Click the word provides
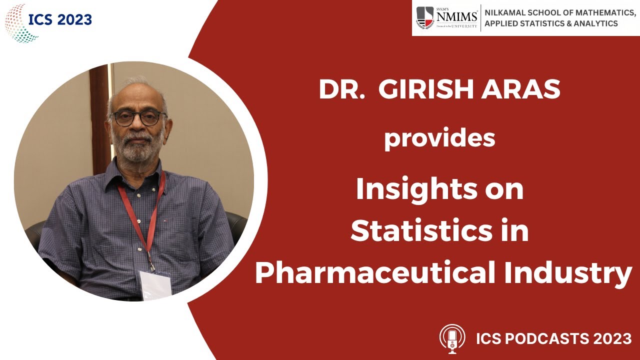[439, 139]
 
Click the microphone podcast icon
[452, 338]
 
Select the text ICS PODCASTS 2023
[553, 338]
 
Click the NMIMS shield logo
[425, 18]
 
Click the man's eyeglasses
[138, 118]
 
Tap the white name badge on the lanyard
[155, 285]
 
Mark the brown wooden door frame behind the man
[99, 115]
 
